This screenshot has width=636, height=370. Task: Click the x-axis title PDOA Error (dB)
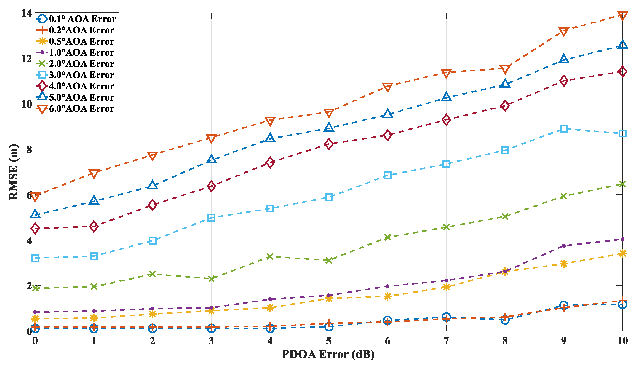(x=328, y=354)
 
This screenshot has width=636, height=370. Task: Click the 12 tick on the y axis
(x=26, y=58)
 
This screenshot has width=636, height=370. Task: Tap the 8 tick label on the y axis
(x=29, y=149)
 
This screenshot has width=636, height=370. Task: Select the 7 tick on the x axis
(x=446, y=341)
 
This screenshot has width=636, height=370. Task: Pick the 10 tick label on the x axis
(x=622, y=341)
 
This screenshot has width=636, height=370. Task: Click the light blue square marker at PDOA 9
(x=564, y=129)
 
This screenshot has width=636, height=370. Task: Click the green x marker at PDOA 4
(x=270, y=256)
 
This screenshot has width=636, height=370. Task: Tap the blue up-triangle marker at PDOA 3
(x=211, y=159)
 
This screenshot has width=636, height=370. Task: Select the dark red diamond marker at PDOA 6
(x=388, y=135)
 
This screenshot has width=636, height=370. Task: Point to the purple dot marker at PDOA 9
(x=564, y=246)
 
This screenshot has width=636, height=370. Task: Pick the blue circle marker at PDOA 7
(x=446, y=317)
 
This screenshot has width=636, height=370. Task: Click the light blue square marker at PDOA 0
(x=35, y=258)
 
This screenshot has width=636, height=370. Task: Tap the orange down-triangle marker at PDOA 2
(x=153, y=156)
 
